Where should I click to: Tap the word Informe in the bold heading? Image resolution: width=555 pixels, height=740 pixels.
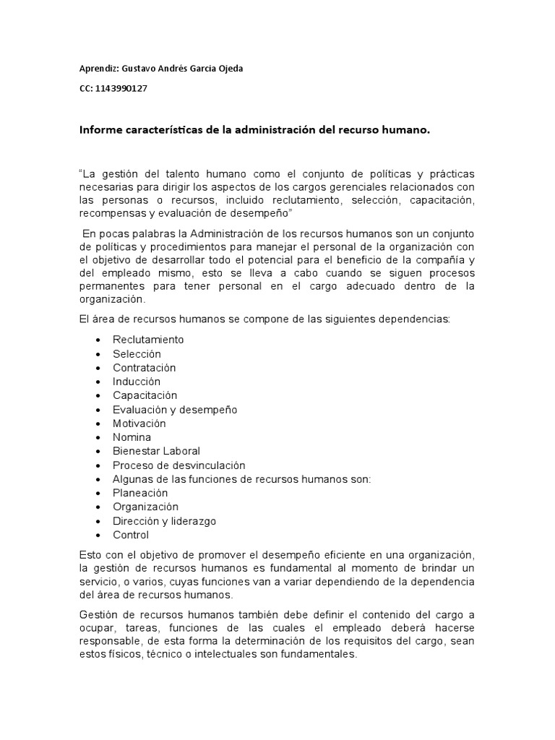click(101, 130)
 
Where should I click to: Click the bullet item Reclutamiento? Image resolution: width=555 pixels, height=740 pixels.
click(148, 340)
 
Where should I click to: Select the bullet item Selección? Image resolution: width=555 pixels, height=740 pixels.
click(137, 354)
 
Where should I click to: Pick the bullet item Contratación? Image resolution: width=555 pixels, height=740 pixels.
click(144, 368)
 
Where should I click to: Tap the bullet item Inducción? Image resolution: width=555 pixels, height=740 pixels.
click(137, 382)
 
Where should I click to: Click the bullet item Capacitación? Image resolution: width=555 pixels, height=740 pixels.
click(145, 395)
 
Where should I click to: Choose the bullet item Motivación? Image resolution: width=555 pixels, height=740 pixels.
click(139, 423)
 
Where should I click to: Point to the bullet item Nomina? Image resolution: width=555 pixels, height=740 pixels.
click(132, 437)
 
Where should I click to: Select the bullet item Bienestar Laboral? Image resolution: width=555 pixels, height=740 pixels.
click(156, 451)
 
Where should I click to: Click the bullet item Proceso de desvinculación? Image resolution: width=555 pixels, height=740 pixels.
click(179, 465)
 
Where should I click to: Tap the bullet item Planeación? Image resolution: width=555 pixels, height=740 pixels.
click(140, 493)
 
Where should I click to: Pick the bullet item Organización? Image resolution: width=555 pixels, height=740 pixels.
click(145, 507)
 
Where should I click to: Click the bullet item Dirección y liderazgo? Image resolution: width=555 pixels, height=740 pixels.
click(164, 521)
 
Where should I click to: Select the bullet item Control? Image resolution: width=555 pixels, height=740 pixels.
click(131, 535)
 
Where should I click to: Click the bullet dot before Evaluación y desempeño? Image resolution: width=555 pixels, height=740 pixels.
click(97, 410)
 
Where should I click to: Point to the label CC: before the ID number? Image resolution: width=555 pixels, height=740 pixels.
click(87, 88)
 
